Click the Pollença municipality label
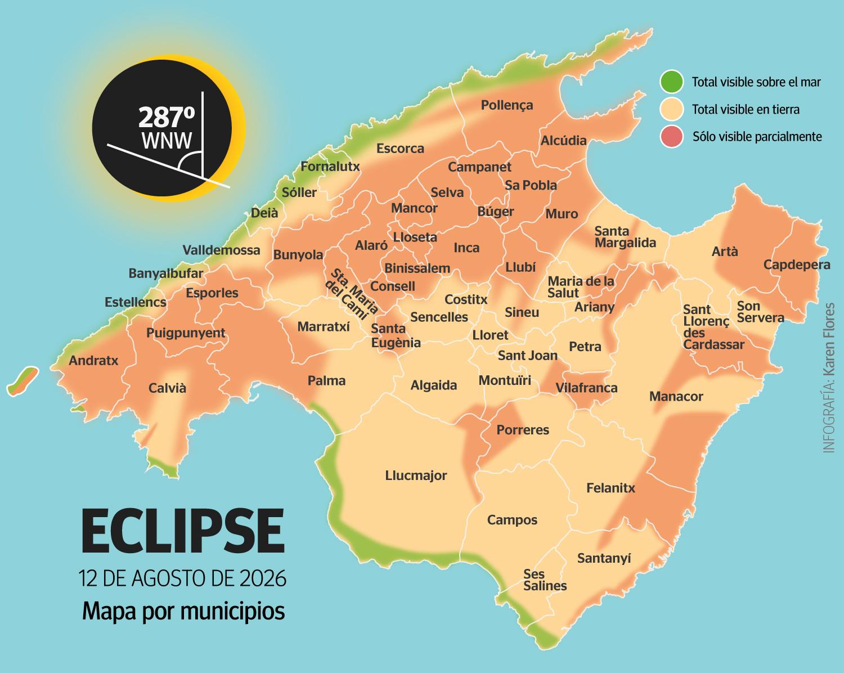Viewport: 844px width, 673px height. point(506,105)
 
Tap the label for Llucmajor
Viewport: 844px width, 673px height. point(416,475)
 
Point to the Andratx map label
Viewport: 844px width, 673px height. point(93,360)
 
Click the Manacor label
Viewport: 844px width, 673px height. point(676,396)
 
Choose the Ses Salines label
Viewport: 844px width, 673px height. point(544,580)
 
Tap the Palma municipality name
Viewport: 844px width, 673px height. point(326,380)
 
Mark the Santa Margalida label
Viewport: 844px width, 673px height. point(625,237)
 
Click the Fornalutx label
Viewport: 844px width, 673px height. point(330,167)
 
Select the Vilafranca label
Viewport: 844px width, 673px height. point(586,388)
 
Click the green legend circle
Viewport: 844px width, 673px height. point(671,82)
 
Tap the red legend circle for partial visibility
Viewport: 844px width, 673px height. point(671,137)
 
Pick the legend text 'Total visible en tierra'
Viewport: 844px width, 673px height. point(746,109)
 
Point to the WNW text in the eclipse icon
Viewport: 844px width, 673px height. point(167,141)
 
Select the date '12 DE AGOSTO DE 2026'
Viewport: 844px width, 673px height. point(183,579)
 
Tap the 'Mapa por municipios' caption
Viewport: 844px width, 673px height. point(183,611)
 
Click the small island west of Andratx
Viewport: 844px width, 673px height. point(23,380)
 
